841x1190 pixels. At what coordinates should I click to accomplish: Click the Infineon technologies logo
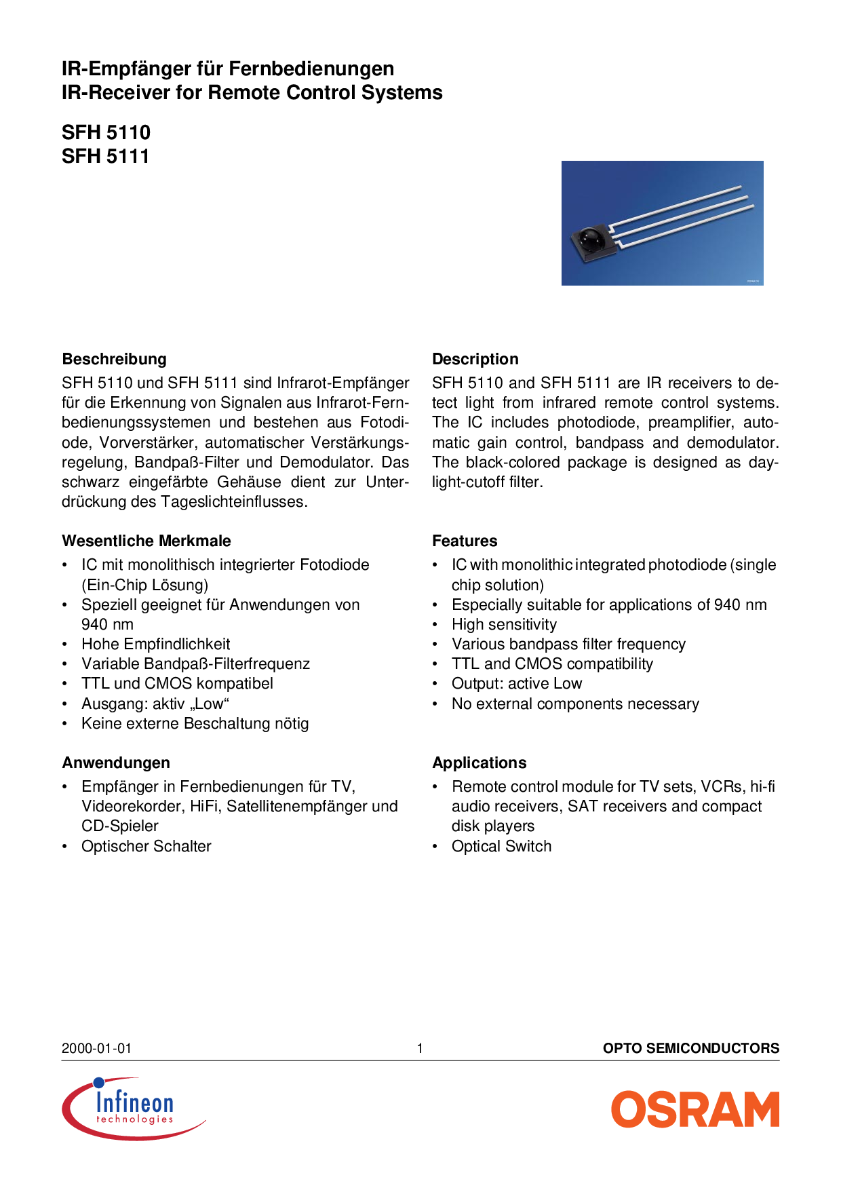click(x=133, y=1108)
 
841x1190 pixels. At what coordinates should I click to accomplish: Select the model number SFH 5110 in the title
click(x=106, y=132)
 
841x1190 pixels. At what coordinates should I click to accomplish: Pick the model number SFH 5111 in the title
click(x=105, y=156)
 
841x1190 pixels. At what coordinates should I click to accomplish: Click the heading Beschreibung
click(x=114, y=359)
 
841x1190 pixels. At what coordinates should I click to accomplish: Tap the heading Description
click(x=475, y=359)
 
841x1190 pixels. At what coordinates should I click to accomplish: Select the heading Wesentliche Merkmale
click(x=146, y=541)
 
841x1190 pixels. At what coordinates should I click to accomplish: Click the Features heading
click(x=465, y=541)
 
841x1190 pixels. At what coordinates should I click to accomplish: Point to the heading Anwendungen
click(x=115, y=763)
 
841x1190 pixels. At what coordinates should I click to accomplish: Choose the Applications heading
click(x=479, y=763)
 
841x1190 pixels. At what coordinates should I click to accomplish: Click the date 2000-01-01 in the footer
click(x=96, y=1048)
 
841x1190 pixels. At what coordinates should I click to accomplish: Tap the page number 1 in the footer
click(x=420, y=1048)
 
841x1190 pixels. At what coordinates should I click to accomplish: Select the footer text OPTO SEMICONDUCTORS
click(x=690, y=1048)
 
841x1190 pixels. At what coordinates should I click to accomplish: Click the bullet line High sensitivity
click(x=504, y=624)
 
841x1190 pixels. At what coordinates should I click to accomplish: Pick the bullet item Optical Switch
click(x=501, y=846)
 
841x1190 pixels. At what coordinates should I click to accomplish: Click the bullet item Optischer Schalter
click(x=146, y=846)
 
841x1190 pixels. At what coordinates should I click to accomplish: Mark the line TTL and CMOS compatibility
click(x=552, y=664)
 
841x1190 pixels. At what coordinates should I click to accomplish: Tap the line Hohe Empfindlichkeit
click(x=155, y=644)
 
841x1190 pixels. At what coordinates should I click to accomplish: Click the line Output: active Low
click(x=517, y=683)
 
